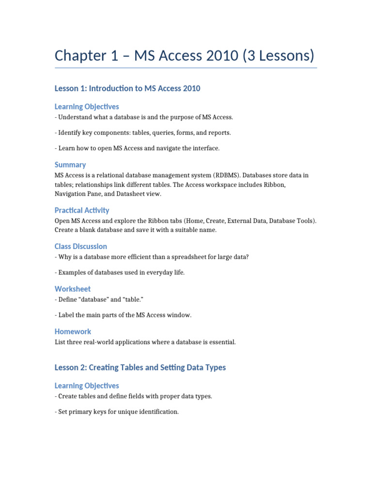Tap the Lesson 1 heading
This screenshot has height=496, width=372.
click(127, 88)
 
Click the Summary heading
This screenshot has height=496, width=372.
click(70, 165)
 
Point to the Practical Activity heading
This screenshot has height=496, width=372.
click(82, 210)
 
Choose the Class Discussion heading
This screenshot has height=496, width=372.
click(81, 246)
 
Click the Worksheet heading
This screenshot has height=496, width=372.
click(73, 289)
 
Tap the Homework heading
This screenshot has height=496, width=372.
click(73, 331)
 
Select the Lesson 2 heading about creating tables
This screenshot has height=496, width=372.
click(140, 367)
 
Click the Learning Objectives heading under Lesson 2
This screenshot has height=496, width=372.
click(87, 386)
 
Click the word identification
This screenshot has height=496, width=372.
click(156, 412)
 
